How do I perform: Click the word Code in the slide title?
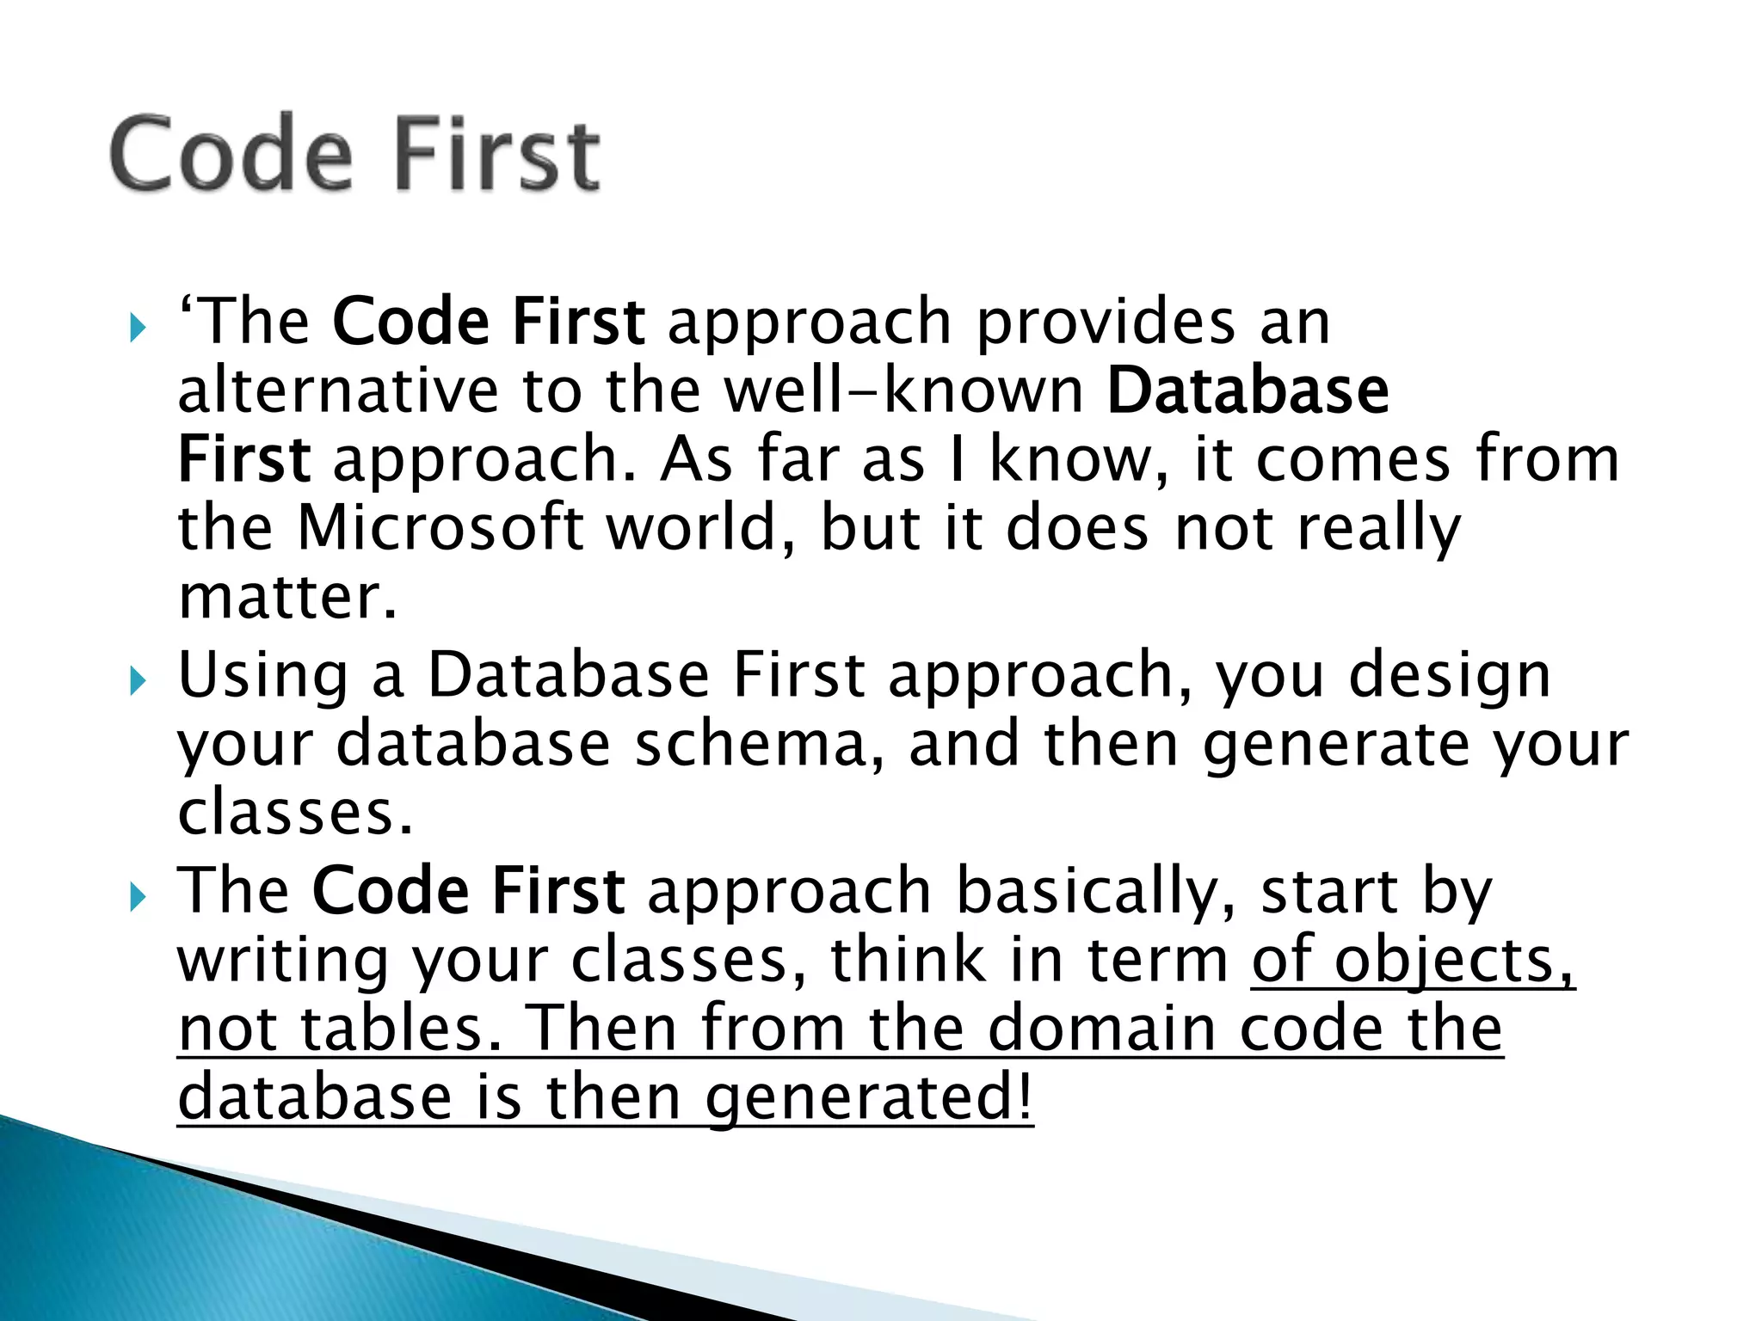point(231,155)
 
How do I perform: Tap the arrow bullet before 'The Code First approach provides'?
point(137,328)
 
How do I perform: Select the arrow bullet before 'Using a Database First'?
point(137,682)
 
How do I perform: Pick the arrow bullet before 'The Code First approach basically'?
point(137,898)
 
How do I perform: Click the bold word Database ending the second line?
point(1248,391)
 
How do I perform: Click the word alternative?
point(337,391)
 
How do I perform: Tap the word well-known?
point(903,391)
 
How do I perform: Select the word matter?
point(288,597)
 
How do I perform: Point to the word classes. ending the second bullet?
point(295,813)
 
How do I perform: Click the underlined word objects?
point(1454,962)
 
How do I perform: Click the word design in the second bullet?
point(1450,677)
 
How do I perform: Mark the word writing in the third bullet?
point(284,962)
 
